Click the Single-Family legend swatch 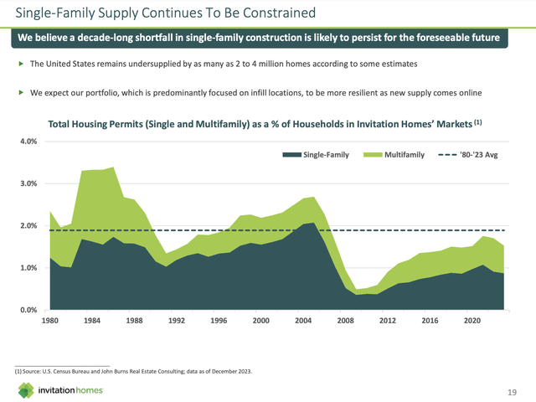click(x=289, y=155)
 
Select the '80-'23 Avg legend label click(x=486, y=155)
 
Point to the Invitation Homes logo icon click(x=27, y=389)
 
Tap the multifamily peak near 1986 click(x=113, y=167)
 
